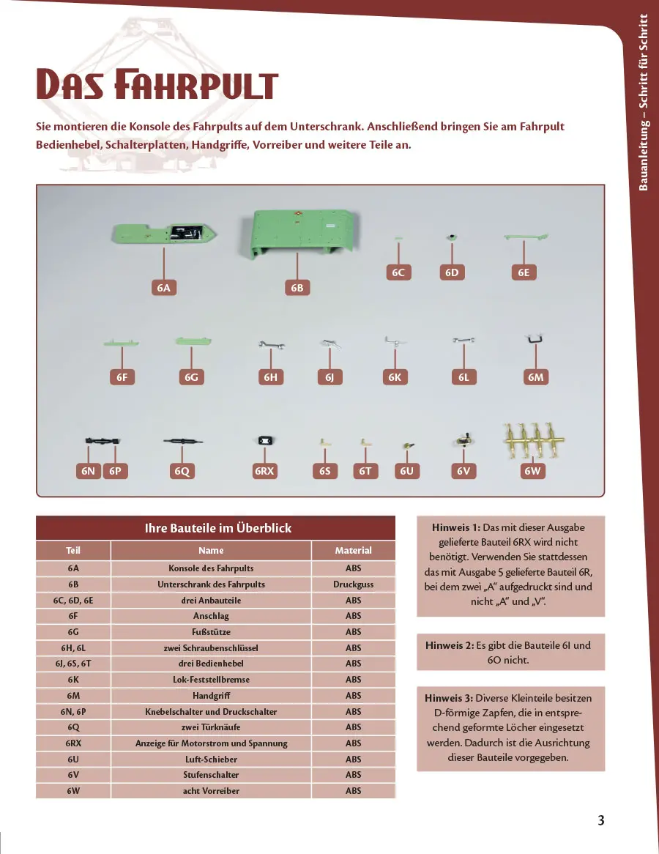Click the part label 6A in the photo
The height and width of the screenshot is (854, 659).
coord(163,288)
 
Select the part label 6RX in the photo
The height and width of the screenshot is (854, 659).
coord(264,471)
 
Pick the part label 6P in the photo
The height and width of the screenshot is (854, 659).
coord(115,471)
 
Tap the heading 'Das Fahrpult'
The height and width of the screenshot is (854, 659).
coord(157,86)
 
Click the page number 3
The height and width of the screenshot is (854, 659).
coord(600,820)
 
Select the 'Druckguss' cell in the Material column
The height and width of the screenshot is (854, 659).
coord(354,584)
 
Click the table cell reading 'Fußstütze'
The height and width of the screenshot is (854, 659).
coord(211,631)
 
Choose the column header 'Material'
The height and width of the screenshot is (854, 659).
coord(354,550)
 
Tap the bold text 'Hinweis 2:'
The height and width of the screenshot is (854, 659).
coord(451,645)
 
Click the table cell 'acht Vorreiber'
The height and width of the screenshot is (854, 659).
coord(211,791)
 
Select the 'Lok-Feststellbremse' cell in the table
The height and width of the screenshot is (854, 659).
coord(211,680)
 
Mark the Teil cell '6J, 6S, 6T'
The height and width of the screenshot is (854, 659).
coord(73,664)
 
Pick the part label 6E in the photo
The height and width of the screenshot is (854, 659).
coord(523,272)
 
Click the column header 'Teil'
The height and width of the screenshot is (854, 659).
coord(73,550)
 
